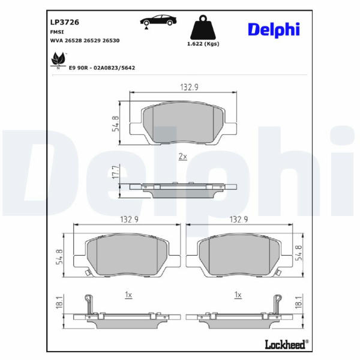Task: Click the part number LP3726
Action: (x=65, y=22)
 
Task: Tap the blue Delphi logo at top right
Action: (x=274, y=30)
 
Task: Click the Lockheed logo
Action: (x=287, y=344)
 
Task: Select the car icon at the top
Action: (x=158, y=22)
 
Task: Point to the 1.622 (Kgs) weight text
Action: (x=203, y=44)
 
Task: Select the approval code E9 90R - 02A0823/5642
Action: (x=102, y=68)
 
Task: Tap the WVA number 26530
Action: (x=111, y=41)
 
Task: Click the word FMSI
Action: (x=57, y=32)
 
